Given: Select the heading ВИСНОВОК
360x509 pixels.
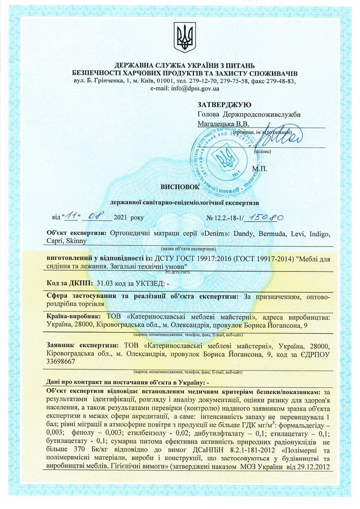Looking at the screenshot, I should [180, 186].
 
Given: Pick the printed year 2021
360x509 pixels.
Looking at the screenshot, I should [123, 217].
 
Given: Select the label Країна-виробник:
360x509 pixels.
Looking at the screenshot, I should [73, 316].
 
